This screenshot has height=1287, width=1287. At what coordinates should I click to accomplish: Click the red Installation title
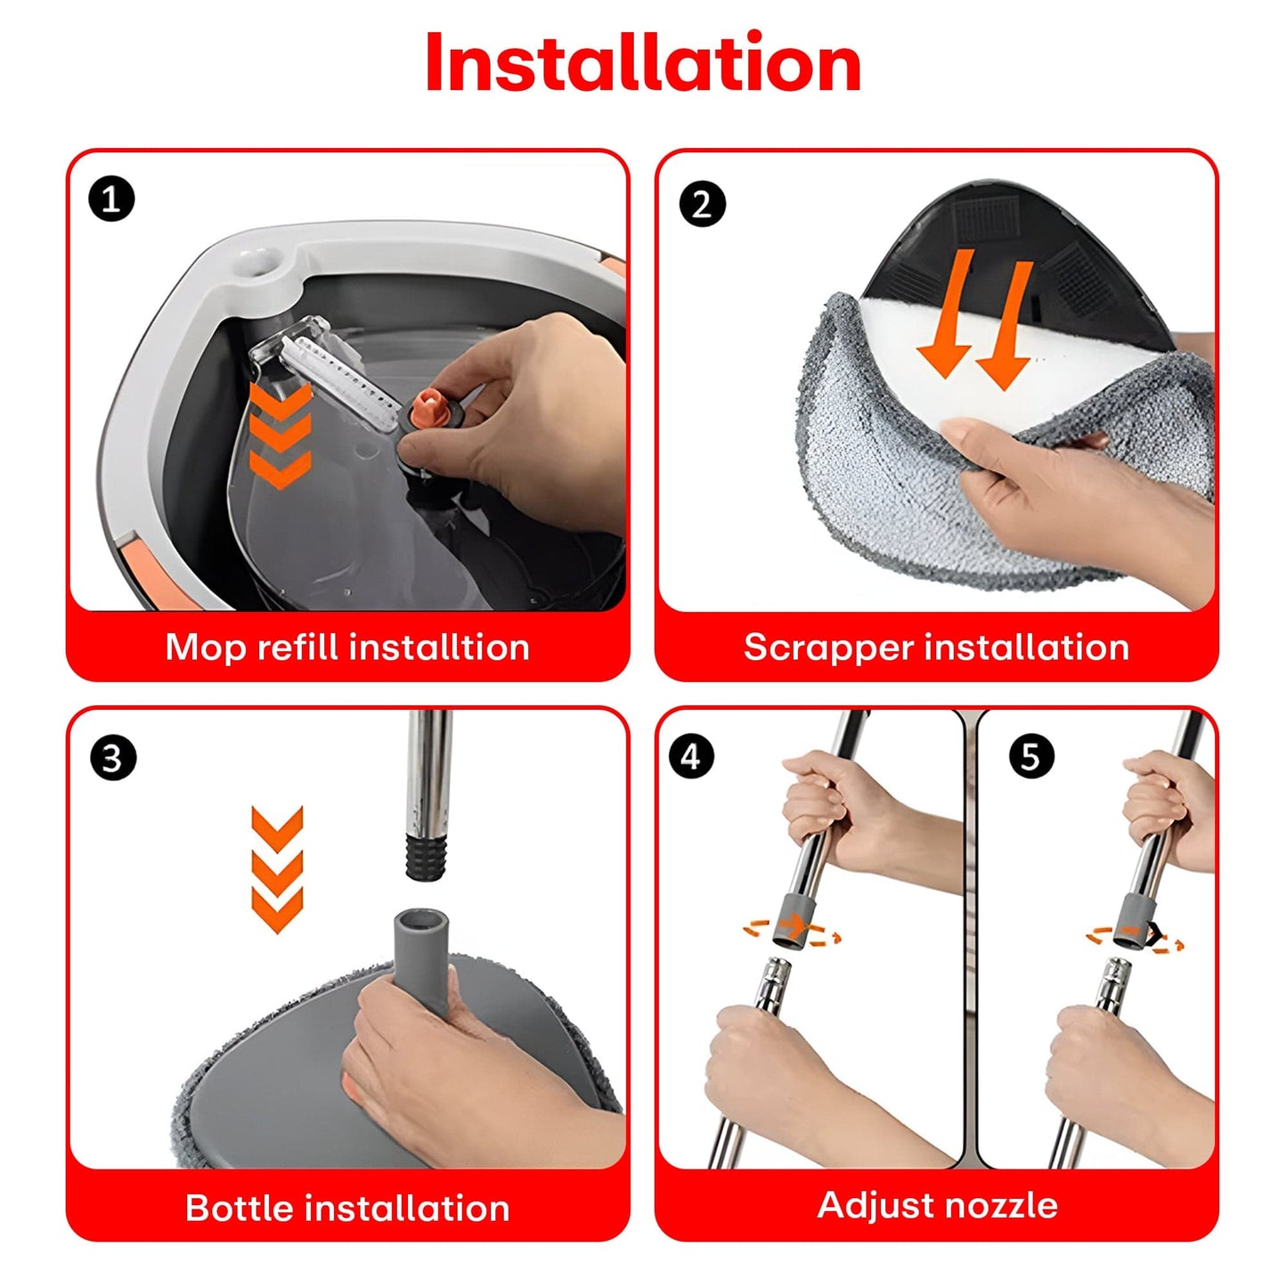[643, 63]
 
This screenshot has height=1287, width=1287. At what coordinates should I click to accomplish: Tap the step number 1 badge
[111, 199]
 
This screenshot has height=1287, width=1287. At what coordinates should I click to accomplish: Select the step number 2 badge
[702, 204]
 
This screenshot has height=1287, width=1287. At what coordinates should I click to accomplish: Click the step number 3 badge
[113, 758]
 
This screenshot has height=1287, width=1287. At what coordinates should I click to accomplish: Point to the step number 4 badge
[691, 757]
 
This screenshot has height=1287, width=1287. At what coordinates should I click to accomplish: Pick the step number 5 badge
[1031, 757]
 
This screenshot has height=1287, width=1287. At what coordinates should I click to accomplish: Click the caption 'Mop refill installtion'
[347, 648]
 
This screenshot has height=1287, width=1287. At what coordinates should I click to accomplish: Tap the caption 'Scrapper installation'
[936, 648]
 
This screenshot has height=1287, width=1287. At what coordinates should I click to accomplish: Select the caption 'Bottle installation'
[347, 1209]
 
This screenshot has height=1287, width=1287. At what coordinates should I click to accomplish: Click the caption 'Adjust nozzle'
[937, 1205]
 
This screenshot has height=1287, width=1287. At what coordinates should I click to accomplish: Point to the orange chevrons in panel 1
[280, 436]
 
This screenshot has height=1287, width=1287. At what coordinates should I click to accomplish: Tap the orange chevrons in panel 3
[277, 868]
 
